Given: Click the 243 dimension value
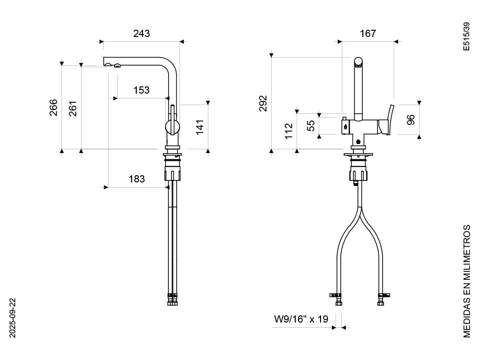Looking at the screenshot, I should coord(142,34).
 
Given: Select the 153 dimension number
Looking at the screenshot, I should coord(142,90).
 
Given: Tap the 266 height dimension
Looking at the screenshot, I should coord(53,108).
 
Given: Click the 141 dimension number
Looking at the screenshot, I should coord(200,126).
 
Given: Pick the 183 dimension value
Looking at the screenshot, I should coord(137,179).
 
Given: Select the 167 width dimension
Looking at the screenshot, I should coord(367,34).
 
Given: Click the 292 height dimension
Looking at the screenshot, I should coord(263,103).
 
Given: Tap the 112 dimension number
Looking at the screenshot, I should coord(288,131).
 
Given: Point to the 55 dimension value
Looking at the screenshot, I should coord(311,125).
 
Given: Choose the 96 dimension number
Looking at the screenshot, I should coord(411,120).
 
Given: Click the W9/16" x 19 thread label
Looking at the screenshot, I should coord(301,319).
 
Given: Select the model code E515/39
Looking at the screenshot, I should coord(466,36).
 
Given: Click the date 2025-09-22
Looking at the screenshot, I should coord(13,317).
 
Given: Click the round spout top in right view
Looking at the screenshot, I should coord(358,61).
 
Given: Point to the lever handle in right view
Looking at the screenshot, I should coord(388,122).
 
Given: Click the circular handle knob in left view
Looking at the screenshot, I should coord(172,127).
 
